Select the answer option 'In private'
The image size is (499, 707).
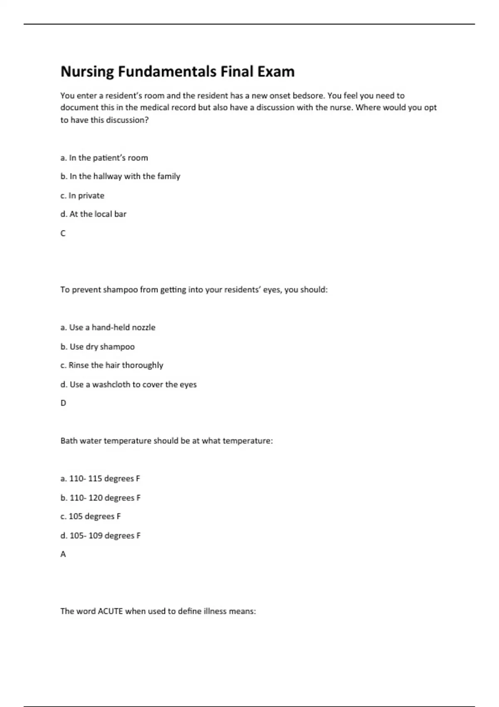(82, 195)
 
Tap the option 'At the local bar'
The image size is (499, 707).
(94, 214)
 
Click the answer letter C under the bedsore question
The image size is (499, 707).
(63, 233)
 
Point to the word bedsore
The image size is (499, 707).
(308, 96)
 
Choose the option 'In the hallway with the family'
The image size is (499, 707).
(120, 176)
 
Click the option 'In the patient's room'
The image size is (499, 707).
(104, 158)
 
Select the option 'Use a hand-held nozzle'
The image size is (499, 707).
(108, 327)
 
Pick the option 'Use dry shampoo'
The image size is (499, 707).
(98, 346)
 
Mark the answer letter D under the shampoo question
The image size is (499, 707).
(63, 403)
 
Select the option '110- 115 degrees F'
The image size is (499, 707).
(100, 479)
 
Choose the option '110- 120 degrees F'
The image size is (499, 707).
(101, 498)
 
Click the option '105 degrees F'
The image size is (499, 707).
(91, 517)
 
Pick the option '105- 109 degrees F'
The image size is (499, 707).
(101, 536)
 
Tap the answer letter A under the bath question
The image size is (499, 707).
(63, 554)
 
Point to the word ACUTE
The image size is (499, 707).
(110, 611)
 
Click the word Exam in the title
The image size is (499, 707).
(275, 72)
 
